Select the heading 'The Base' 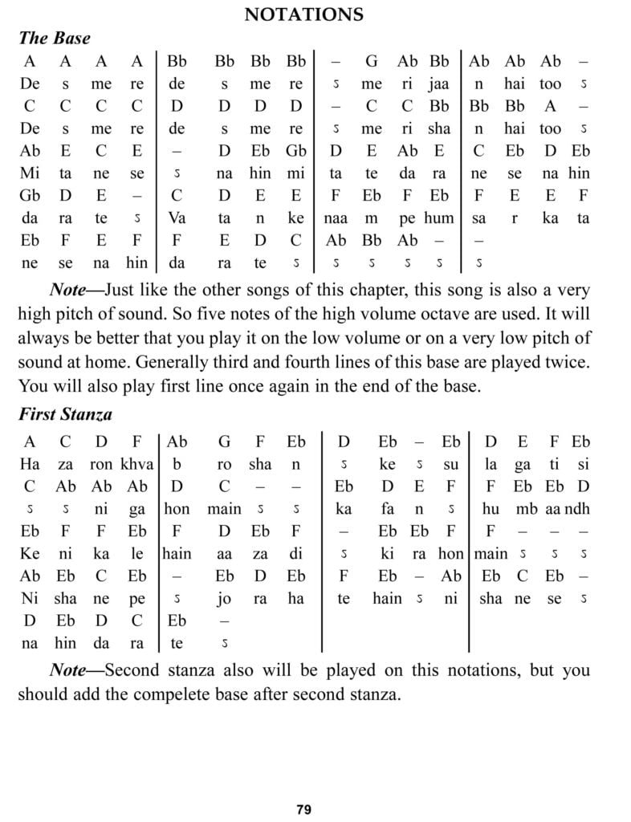coord(54,38)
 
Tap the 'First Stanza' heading coord(65,415)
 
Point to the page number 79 coord(303,809)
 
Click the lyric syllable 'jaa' coord(439,83)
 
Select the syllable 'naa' coord(335,218)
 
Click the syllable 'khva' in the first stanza coord(137,464)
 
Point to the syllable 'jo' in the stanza coord(225,599)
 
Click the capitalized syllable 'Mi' coord(30,173)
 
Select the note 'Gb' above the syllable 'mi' coord(296,151)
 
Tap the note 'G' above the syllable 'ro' coord(225,442)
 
